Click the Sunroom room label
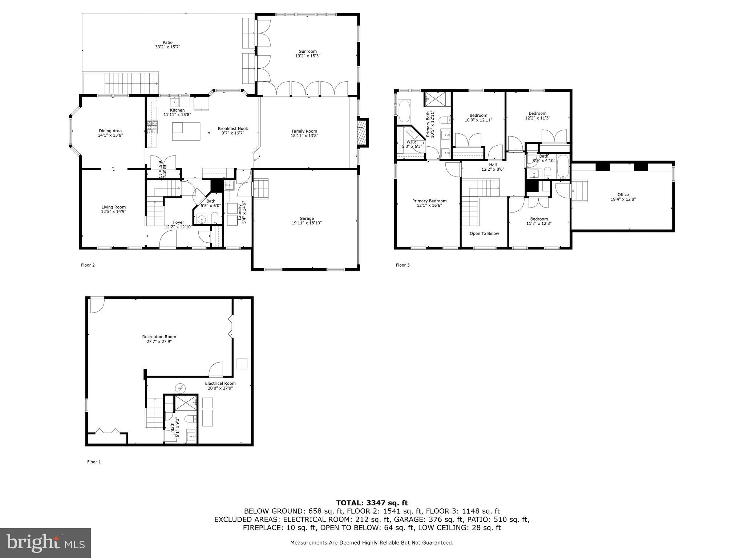[307, 52]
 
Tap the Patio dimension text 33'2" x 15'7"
[167, 47]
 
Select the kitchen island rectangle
[186, 131]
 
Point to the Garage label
[307, 218]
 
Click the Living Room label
[113, 207]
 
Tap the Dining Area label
[110, 131]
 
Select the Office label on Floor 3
[623, 194]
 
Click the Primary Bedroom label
[429, 201]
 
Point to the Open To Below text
[484, 234]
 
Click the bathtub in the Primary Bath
[404, 112]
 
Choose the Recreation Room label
[159, 337]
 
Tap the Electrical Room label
[220, 383]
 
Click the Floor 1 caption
[94, 462]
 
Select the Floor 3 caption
[403, 265]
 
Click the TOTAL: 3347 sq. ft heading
[372, 503]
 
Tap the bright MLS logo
[45, 543]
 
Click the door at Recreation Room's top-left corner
[96, 304]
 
